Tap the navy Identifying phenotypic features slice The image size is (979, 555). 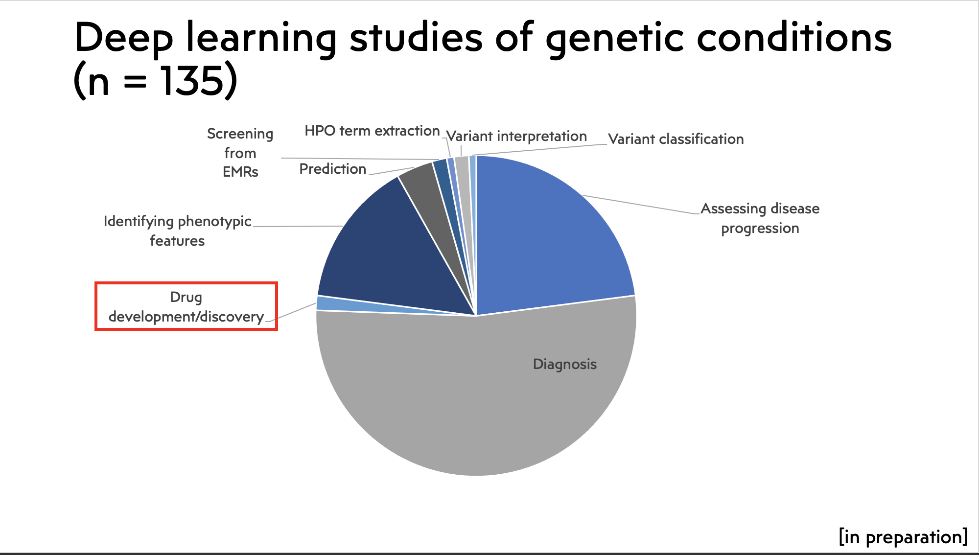click(x=387, y=254)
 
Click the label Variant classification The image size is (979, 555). click(x=676, y=139)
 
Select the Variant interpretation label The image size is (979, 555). click(x=516, y=136)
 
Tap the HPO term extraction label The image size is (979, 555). click(x=372, y=131)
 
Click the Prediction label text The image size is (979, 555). click(x=333, y=169)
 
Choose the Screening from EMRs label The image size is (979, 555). click(x=240, y=153)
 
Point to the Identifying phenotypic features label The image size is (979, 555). click(x=177, y=231)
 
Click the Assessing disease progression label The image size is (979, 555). click(x=760, y=218)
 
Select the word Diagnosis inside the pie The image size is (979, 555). click(x=565, y=364)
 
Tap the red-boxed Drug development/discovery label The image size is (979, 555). click(x=186, y=306)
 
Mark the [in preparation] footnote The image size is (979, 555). click(x=903, y=537)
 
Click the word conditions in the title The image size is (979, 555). click(x=794, y=37)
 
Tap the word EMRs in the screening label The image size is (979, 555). click(x=240, y=172)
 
